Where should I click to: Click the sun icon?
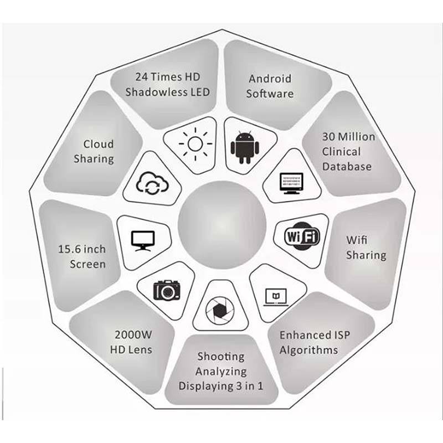(x=195, y=144)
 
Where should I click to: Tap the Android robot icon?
(x=245, y=147)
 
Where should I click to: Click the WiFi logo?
(x=302, y=236)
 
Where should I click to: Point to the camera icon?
(x=167, y=290)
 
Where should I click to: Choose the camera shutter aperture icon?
(x=220, y=311)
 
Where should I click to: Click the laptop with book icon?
(x=276, y=297)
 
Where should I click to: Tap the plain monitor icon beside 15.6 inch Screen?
(x=143, y=241)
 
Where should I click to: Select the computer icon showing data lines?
(x=292, y=183)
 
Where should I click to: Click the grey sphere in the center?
(x=222, y=225)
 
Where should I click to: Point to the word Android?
(x=270, y=79)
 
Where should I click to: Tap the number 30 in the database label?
(x=328, y=137)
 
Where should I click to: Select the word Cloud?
(x=99, y=144)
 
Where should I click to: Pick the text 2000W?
(x=133, y=335)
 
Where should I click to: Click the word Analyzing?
(x=221, y=372)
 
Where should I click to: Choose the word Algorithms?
(x=309, y=351)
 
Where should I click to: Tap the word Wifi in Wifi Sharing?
(x=357, y=240)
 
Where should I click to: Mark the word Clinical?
(x=341, y=152)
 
